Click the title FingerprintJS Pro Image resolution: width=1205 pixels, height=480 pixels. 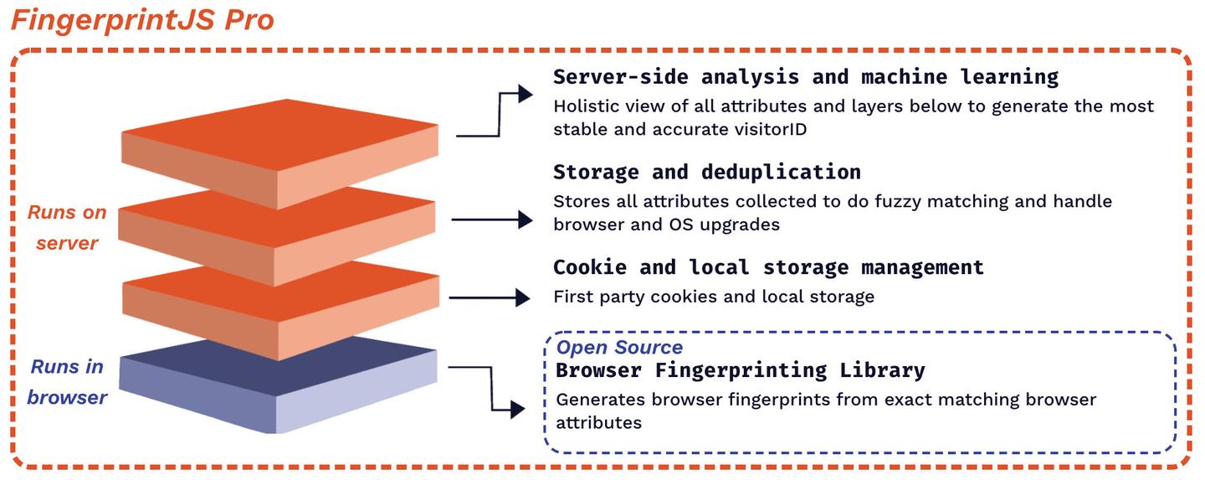pos(142,20)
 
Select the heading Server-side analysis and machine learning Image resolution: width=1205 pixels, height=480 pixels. pos(806,77)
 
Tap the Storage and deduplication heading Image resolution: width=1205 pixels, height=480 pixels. pos(707,172)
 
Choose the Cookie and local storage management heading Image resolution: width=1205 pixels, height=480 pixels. pos(768,267)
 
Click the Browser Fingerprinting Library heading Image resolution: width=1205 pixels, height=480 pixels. pos(741,370)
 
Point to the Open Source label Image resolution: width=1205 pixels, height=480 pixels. pos(619,348)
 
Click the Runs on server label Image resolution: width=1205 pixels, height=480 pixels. pos(67,228)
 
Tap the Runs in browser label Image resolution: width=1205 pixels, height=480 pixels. pos(67,382)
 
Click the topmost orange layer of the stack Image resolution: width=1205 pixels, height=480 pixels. pos(279,153)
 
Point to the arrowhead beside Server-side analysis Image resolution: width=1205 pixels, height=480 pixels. pos(525,94)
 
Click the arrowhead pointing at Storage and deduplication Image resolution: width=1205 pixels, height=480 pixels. pos(525,219)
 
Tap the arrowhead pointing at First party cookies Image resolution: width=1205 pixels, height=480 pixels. pos(522,297)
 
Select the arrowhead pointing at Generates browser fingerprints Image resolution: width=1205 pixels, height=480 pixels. pos(517,410)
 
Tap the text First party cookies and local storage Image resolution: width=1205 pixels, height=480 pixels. pos(714,297)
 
